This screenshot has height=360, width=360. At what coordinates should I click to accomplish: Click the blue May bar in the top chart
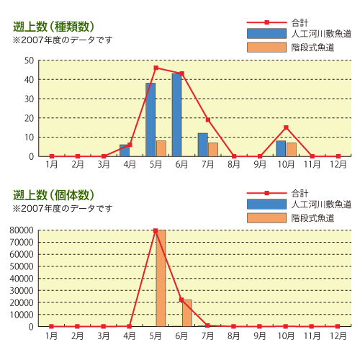point(150,120)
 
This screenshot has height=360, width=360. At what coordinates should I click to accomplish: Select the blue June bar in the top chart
point(176,115)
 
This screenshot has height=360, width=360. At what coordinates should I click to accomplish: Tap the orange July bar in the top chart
point(213,150)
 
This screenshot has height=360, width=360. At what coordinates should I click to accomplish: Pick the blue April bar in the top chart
point(125,150)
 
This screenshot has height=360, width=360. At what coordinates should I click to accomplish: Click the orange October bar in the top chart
point(292,150)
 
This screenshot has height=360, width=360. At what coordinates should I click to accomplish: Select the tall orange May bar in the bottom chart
point(161,279)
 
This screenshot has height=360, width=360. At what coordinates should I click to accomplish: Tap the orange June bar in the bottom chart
point(187,313)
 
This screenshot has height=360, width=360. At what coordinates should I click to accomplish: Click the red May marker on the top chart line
point(156,68)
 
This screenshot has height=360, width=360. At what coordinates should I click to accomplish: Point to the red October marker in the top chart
point(286,127)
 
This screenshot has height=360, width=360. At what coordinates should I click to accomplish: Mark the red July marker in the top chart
point(208,120)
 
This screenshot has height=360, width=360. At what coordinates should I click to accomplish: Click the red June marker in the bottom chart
point(181,300)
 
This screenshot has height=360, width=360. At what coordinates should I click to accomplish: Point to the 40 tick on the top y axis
point(29,80)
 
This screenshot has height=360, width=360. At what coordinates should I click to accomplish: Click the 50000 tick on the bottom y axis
point(22,266)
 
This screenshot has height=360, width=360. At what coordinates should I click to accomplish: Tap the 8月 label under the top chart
point(234,164)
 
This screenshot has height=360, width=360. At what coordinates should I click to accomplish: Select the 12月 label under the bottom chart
point(338,336)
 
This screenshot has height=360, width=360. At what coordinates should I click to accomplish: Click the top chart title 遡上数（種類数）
point(53,27)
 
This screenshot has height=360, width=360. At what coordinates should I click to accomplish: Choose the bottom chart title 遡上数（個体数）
point(53,195)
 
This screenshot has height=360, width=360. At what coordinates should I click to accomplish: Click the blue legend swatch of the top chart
point(266,34)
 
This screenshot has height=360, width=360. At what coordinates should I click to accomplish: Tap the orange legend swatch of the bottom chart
point(266,218)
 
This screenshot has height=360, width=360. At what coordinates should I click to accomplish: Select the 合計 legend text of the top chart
point(300,23)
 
